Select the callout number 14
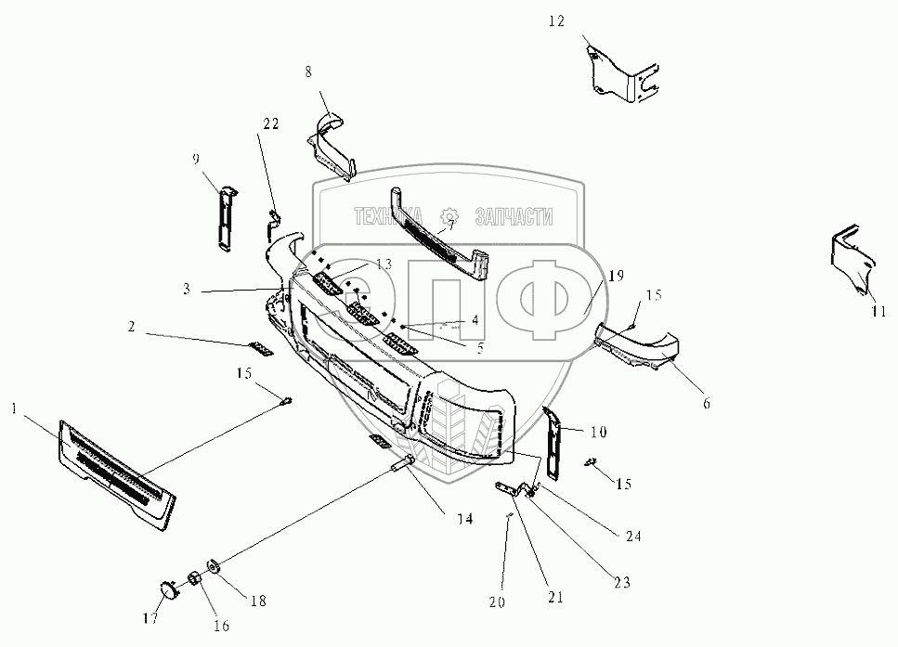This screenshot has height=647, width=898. (x=463, y=519)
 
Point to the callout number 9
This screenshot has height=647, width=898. (x=196, y=159)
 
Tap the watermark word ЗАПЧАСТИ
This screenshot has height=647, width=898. (x=514, y=217)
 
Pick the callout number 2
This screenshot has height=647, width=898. (x=132, y=327)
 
